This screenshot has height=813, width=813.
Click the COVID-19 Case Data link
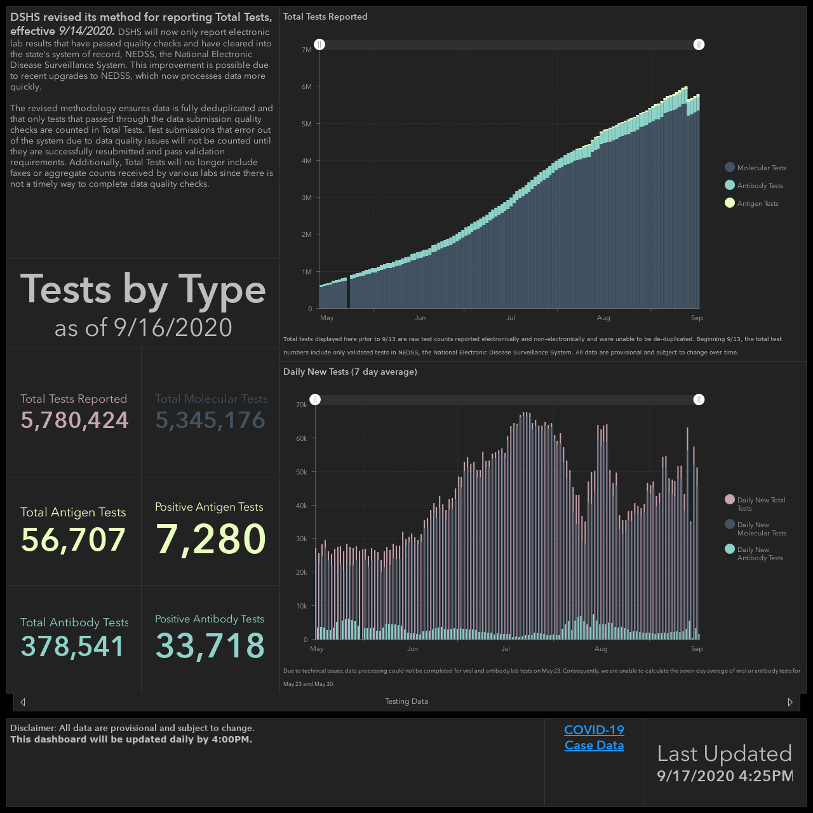point(594,737)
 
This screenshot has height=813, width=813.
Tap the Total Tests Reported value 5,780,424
point(74,420)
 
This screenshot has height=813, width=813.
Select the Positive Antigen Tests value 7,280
point(210,539)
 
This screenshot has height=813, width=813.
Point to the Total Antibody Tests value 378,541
point(72,647)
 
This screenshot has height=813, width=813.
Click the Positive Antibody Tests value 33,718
point(210,645)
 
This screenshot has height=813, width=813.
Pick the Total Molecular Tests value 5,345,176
point(210,420)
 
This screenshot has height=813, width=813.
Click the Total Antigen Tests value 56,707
point(73,540)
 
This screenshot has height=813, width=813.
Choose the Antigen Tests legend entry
point(751,203)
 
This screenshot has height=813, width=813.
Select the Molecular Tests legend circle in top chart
point(729,168)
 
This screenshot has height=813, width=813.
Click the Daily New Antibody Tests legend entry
point(754,553)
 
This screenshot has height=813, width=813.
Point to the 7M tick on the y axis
point(307,50)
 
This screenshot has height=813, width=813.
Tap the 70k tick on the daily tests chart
point(302,405)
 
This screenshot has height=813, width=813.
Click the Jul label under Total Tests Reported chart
point(511,318)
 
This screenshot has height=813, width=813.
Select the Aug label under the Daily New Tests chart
point(601,649)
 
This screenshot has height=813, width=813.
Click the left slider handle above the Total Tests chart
point(319,44)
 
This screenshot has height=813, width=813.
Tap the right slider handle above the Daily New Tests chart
point(699,400)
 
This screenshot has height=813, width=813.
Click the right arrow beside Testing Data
point(789,702)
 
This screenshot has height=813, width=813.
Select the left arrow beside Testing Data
point(24,702)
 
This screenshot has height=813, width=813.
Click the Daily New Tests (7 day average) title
point(350,372)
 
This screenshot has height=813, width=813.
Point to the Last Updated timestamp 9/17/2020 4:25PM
point(725,776)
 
